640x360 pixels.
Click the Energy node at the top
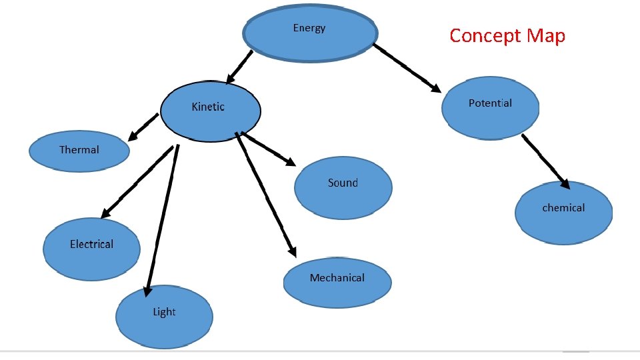coord(310,33)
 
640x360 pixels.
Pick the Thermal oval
coord(79,151)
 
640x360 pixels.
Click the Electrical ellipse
coord(92,248)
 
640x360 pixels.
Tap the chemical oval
coord(563,213)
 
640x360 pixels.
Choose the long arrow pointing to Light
coord(162,220)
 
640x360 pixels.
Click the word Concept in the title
coord(485,35)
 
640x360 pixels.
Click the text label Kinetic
coord(208,107)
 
